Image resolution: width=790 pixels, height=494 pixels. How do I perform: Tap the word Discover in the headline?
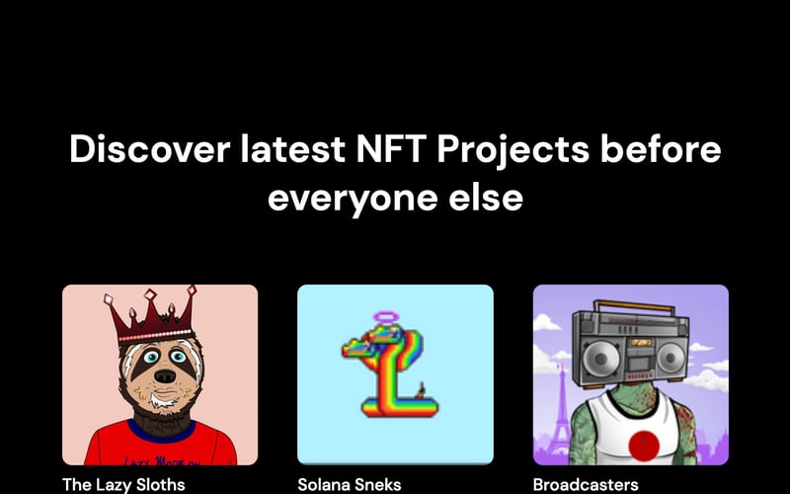click(139, 151)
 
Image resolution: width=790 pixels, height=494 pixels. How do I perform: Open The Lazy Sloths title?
click(123, 484)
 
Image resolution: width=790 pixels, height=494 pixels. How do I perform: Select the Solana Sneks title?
click(351, 484)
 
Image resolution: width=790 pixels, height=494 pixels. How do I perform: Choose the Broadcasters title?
click(586, 484)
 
